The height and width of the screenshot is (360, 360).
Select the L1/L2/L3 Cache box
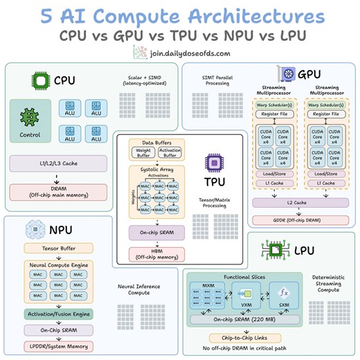click(57, 163)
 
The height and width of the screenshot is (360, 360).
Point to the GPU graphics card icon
click(285, 73)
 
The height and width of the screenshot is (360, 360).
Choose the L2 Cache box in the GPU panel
click(301, 202)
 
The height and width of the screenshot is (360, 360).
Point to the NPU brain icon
click(35, 230)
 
